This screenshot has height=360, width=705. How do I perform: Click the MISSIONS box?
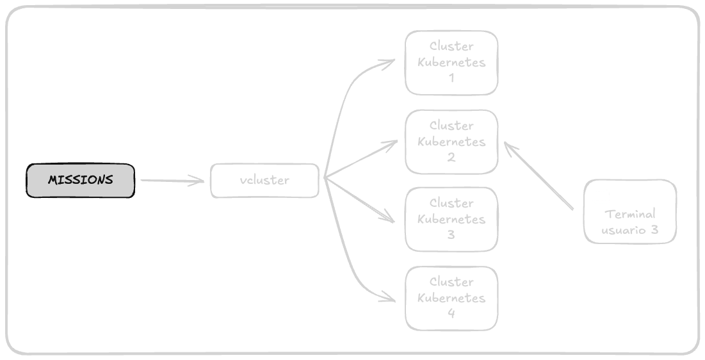(x=81, y=180)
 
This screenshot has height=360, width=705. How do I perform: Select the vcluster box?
(x=264, y=181)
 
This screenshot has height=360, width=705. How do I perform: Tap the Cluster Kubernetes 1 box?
(x=451, y=63)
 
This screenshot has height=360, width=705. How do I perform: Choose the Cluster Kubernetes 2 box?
(x=451, y=142)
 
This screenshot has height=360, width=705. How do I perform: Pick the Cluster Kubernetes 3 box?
(x=451, y=219)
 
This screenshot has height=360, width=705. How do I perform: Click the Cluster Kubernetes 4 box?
(x=451, y=298)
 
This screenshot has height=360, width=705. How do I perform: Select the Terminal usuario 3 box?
(x=630, y=211)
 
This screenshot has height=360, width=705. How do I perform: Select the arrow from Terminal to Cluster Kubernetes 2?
(x=539, y=176)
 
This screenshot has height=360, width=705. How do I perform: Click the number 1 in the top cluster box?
(x=451, y=78)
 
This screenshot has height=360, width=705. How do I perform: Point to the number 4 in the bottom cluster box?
(x=451, y=313)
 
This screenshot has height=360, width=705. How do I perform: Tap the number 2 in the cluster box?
(x=451, y=157)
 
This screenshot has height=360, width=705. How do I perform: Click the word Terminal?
(x=630, y=215)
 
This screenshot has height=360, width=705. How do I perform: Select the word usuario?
(x=624, y=230)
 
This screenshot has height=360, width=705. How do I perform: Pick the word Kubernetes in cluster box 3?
(x=451, y=219)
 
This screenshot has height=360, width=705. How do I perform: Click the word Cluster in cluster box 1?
(x=451, y=46)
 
